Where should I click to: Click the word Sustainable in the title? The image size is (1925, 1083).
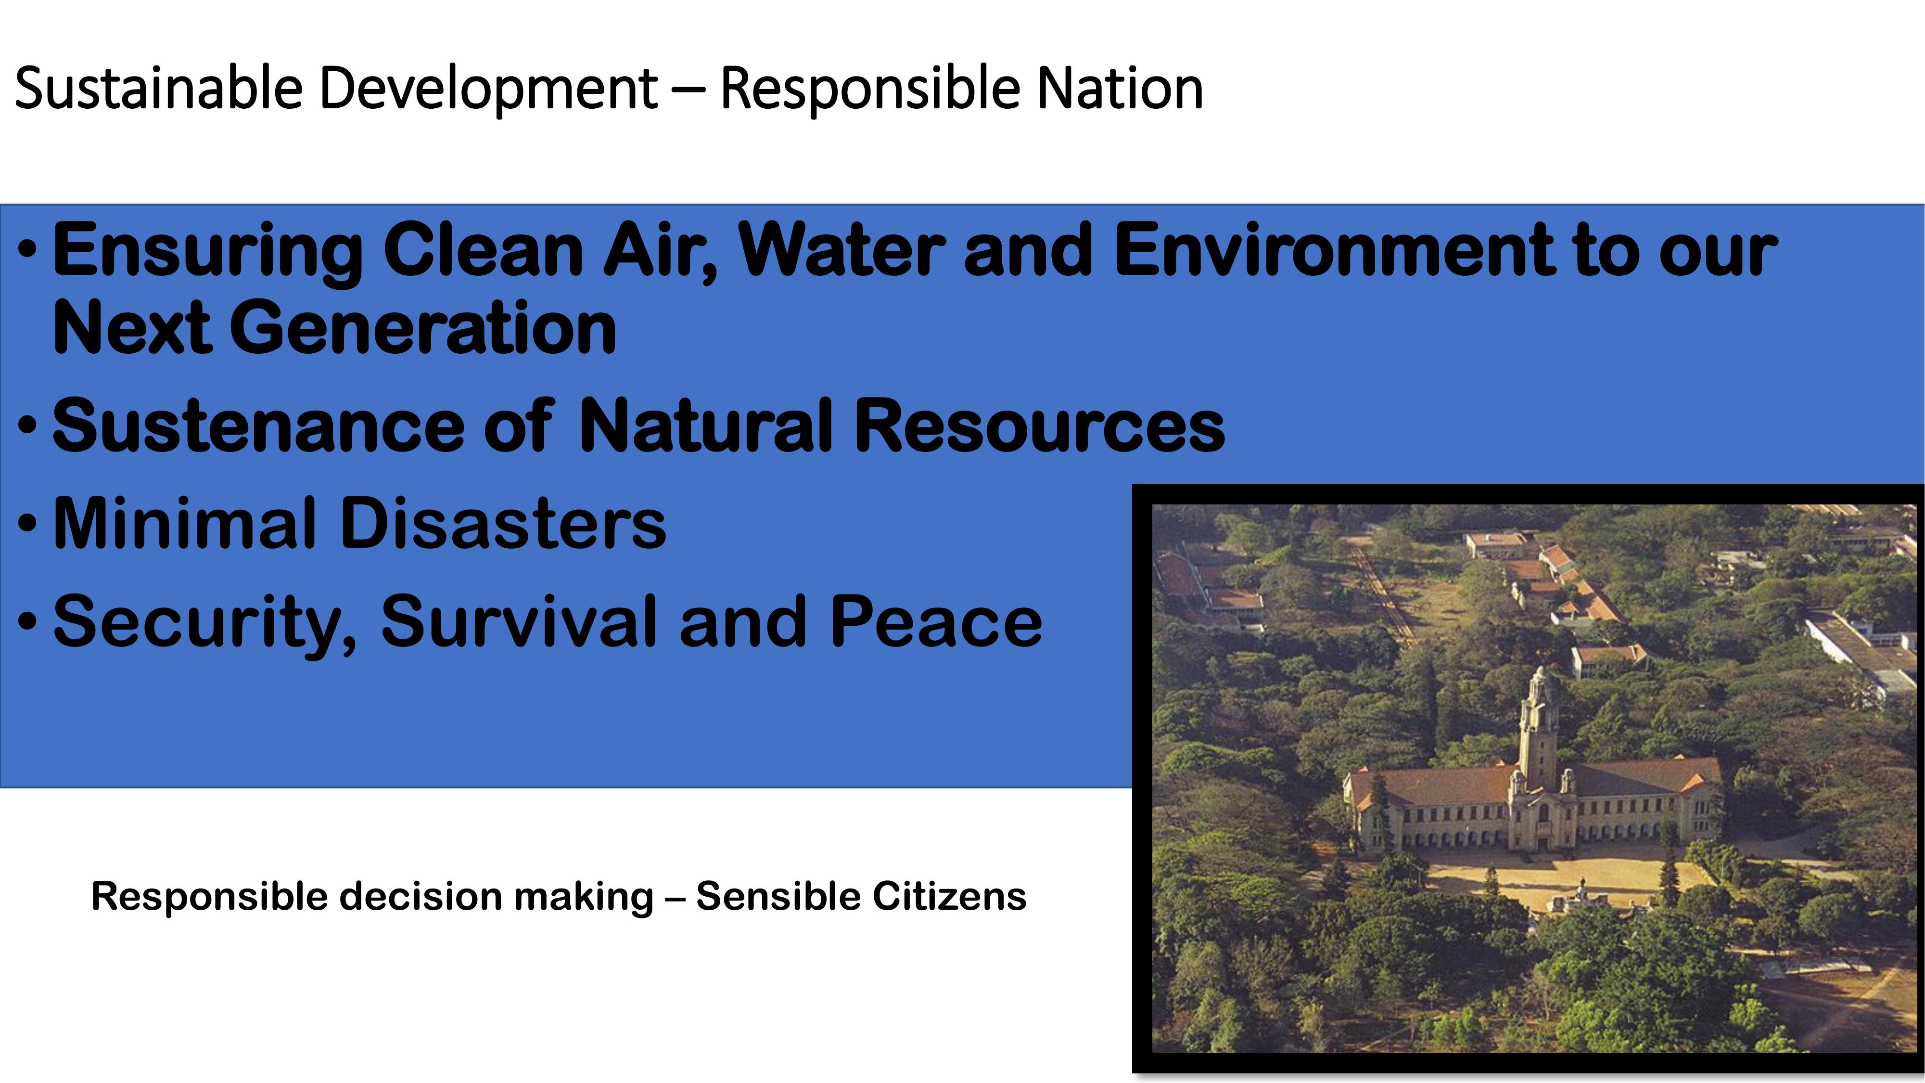click(158, 88)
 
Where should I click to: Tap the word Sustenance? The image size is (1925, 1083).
click(258, 426)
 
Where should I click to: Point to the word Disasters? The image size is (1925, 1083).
click(503, 523)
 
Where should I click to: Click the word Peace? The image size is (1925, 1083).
click(936, 622)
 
